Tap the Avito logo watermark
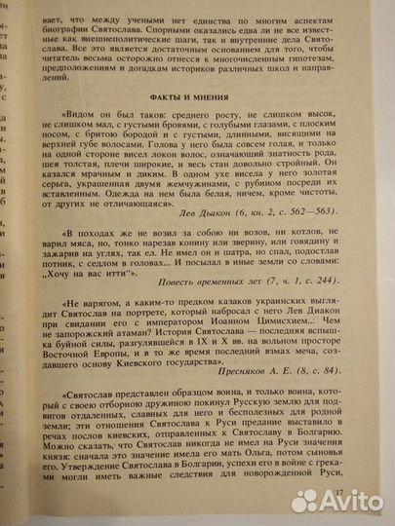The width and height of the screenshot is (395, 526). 336,500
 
